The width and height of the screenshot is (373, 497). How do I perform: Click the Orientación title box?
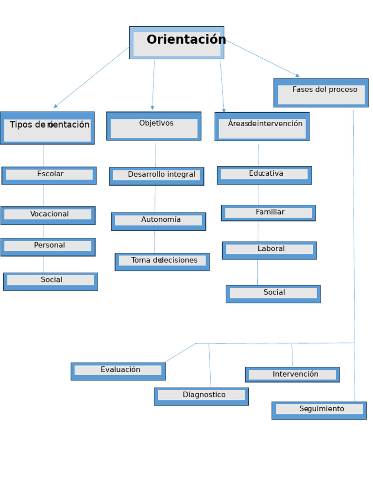[177, 43]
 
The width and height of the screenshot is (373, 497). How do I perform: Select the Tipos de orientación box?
[47, 128]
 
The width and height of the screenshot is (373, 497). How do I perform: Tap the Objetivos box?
[154, 126]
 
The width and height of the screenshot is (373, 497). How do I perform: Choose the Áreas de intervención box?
[262, 127]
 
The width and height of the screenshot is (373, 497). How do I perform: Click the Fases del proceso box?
[321, 93]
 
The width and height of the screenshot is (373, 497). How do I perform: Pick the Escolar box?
[49, 175]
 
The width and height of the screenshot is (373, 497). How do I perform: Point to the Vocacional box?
[48, 215]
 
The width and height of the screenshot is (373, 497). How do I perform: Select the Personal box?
[48, 247]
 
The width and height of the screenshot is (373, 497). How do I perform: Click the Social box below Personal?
[51, 282]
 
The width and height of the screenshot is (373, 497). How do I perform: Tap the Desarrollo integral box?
[156, 176]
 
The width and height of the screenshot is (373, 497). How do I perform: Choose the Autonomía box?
[158, 221]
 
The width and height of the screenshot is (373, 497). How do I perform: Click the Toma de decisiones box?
[162, 262]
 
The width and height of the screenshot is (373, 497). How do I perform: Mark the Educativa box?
[264, 175]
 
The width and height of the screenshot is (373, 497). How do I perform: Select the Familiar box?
[269, 213]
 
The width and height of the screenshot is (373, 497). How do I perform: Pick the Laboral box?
[270, 250]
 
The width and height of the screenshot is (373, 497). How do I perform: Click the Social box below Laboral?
[273, 294]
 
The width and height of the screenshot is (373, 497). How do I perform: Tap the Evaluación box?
[118, 371]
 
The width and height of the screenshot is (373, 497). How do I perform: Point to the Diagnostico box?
[202, 396]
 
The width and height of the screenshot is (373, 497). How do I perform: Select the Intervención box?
[292, 375]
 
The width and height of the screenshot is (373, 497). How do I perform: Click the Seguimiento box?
[319, 410]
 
